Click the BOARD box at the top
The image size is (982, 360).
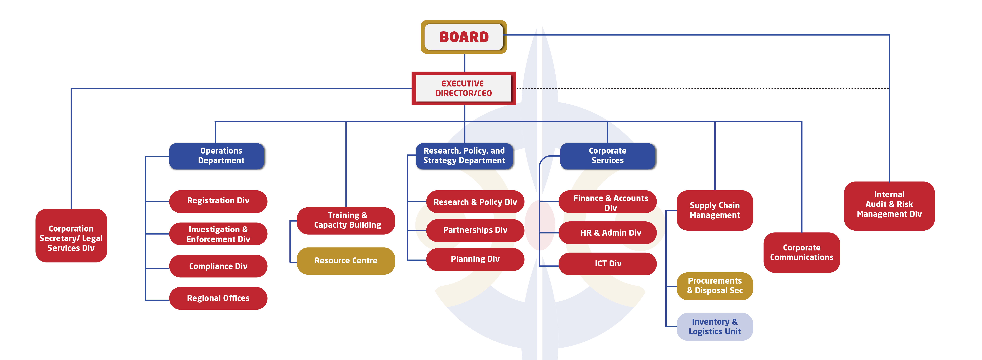click(464, 37)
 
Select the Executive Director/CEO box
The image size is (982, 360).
click(464, 88)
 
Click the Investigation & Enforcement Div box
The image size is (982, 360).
click(218, 234)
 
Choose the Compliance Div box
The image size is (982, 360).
click(218, 266)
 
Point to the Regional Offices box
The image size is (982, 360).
click(218, 298)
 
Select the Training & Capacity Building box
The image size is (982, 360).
click(346, 220)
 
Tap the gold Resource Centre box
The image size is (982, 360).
click(346, 261)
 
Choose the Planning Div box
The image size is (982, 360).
click(475, 259)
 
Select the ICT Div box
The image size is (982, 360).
click(608, 264)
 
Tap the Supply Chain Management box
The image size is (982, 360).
click(714, 210)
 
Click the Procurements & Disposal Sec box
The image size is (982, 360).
click(714, 286)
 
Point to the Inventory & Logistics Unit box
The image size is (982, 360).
click(714, 327)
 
